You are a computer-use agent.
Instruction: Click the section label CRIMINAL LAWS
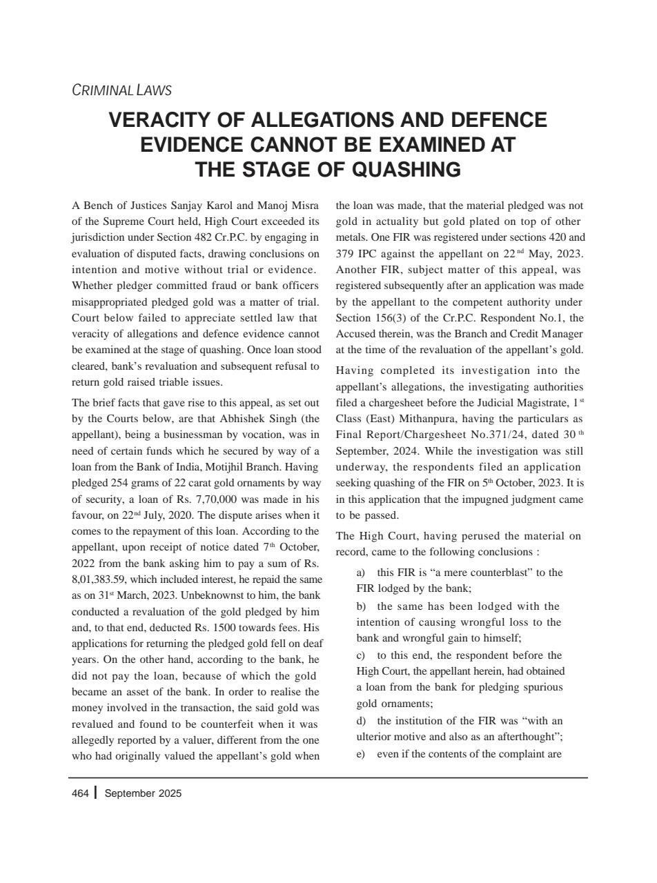pos(121,90)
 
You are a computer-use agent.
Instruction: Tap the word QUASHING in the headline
pos(406,170)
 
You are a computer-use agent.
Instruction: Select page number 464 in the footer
pos(80,793)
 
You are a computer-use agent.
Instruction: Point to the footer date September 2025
pos(143,793)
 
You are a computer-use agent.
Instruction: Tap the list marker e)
pos(360,753)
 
